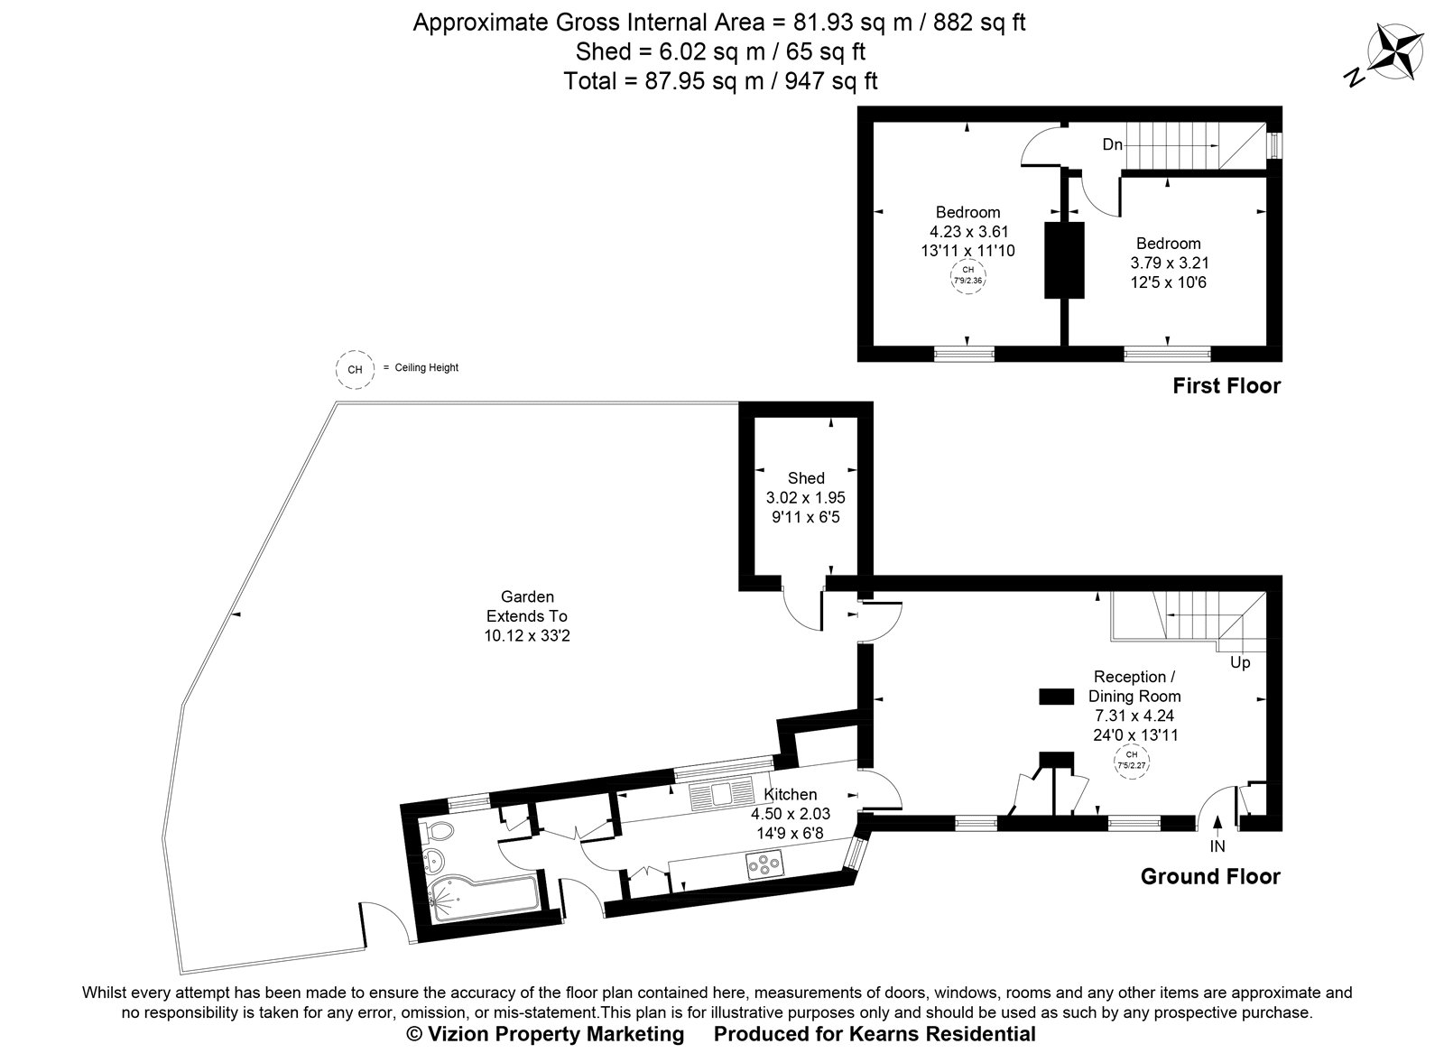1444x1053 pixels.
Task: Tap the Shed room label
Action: pos(806,478)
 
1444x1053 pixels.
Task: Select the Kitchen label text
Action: pos(790,794)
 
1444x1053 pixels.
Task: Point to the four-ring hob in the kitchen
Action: pos(764,866)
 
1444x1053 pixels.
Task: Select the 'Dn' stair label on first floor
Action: pos(1112,144)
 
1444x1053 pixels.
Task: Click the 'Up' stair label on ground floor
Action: pos(1240,662)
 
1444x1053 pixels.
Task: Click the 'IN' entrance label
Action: pos(1217,846)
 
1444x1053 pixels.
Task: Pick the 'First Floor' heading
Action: pos(1226,386)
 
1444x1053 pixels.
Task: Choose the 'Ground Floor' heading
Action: pos(1209,876)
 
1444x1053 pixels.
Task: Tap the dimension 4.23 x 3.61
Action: pos(967,232)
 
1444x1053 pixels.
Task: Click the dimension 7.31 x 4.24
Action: pos(1134,716)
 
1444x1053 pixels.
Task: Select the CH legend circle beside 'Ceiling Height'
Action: pos(355,369)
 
